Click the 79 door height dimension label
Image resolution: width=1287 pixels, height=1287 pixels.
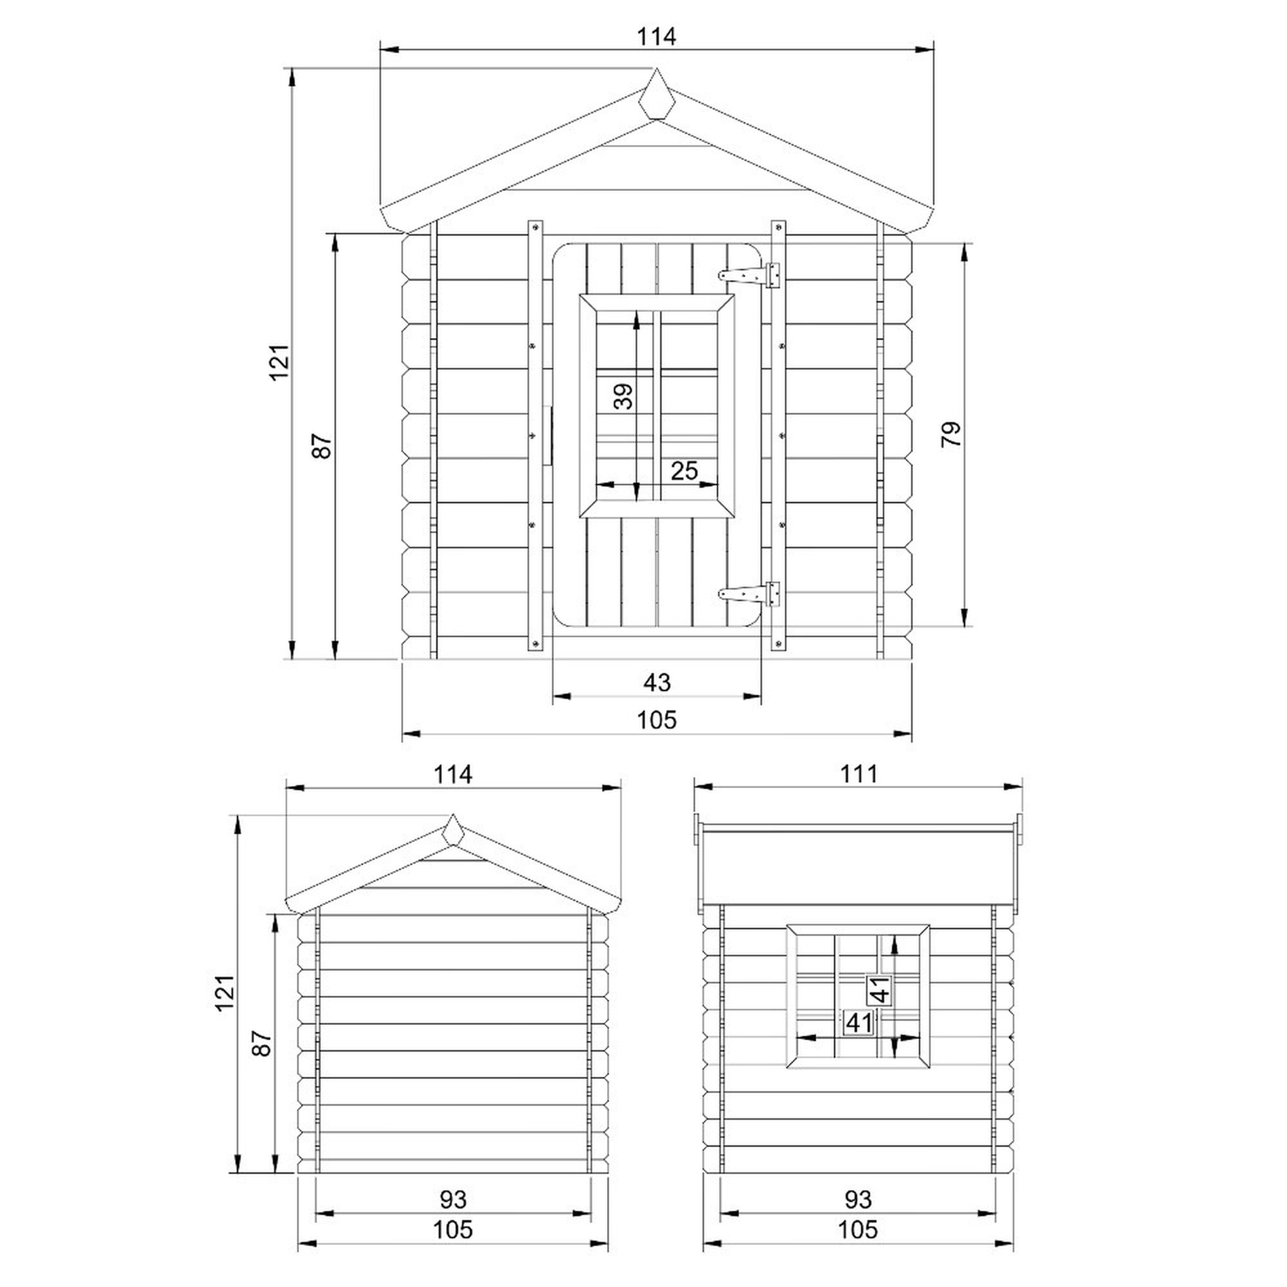coord(952,434)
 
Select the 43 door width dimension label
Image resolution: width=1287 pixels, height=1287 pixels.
coord(657,682)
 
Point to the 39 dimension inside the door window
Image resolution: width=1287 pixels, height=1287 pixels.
coord(623,396)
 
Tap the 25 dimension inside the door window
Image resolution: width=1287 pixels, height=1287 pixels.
coord(684,471)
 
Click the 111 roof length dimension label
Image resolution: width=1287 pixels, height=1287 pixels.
coord(858,774)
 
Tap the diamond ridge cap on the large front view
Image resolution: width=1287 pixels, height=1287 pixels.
coord(657,94)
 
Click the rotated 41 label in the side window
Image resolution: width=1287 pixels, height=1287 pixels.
coord(879,990)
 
